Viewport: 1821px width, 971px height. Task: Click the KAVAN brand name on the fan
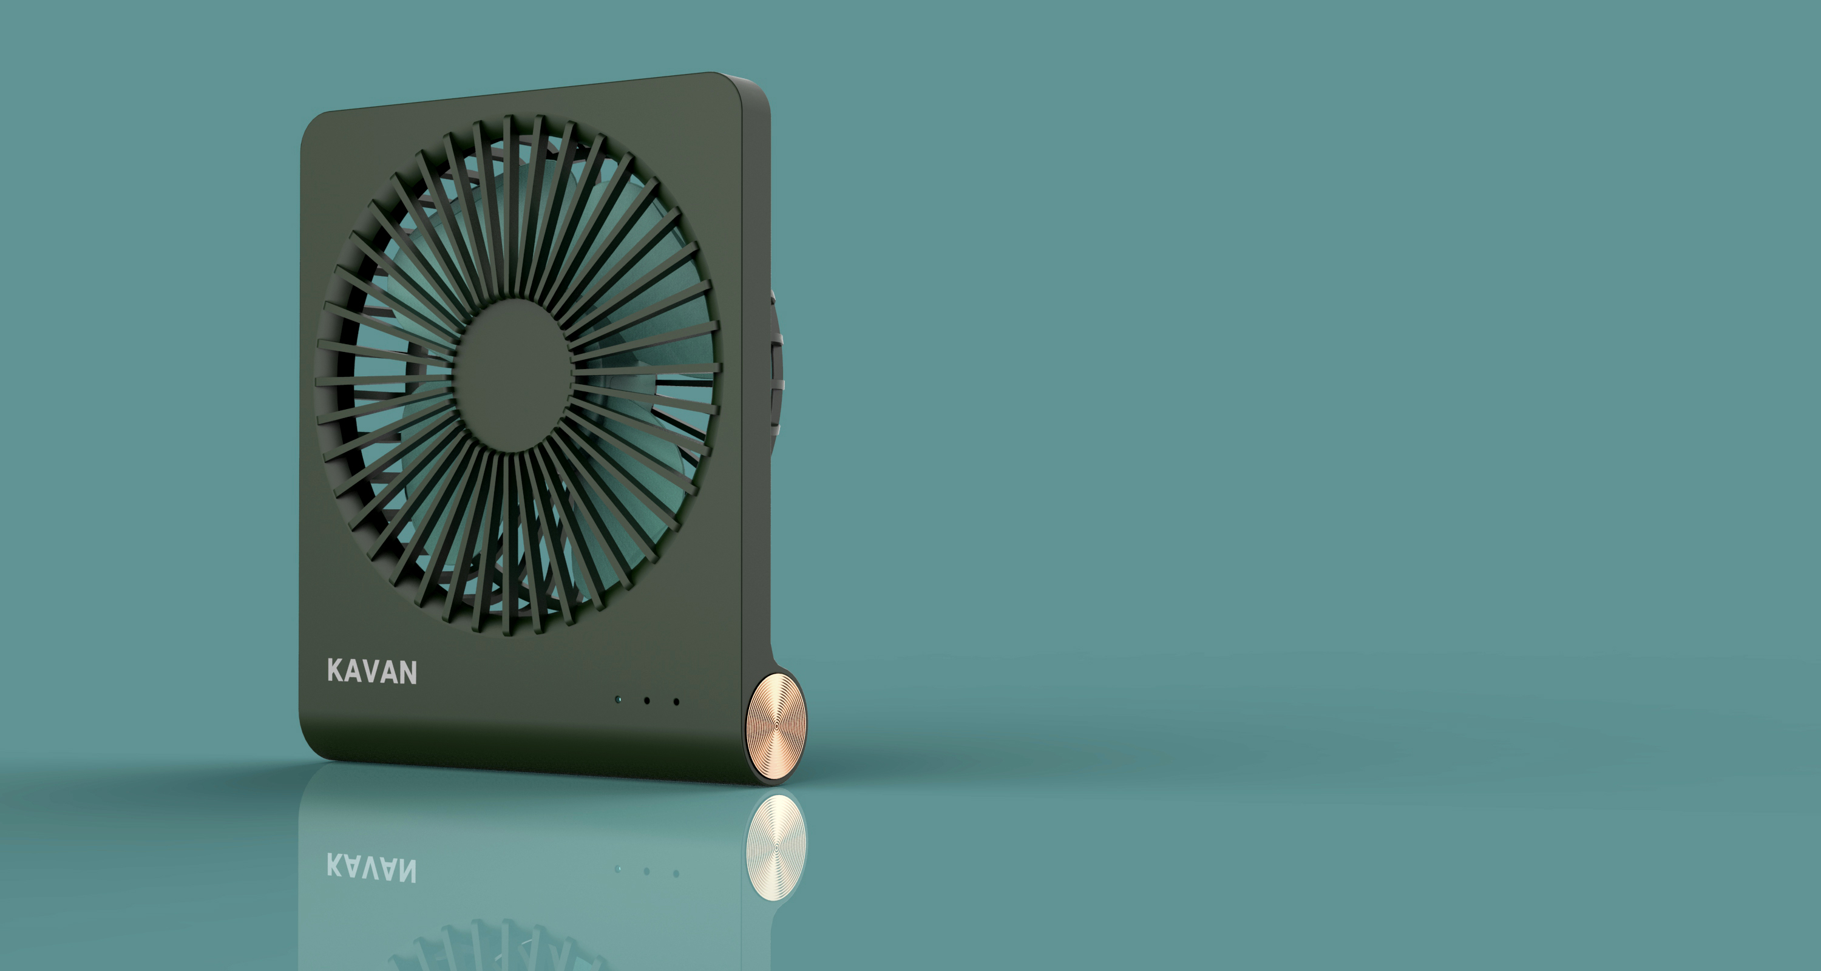pyautogui.click(x=372, y=671)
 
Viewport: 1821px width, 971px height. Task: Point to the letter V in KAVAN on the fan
pyautogui.click(x=373, y=671)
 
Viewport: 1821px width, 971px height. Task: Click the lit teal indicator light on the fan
pyautogui.click(x=619, y=700)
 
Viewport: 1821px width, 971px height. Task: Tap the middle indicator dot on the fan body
pyautogui.click(x=647, y=701)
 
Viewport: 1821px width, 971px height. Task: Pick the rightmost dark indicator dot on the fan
pyautogui.click(x=677, y=702)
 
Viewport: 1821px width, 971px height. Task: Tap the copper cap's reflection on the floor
pyautogui.click(x=776, y=846)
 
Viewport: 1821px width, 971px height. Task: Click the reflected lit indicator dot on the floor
pyautogui.click(x=619, y=868)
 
